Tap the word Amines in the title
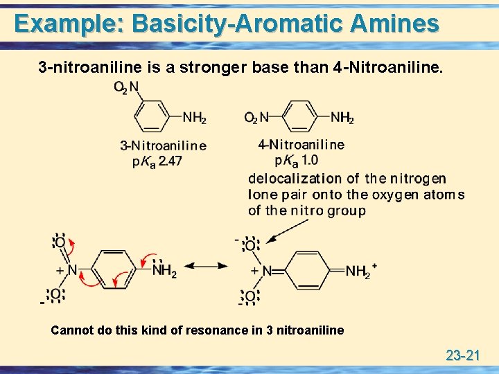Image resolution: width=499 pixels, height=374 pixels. point(395,24)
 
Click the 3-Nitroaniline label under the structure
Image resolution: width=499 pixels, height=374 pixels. point(163,145)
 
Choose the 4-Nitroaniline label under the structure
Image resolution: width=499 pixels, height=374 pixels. point(301,145)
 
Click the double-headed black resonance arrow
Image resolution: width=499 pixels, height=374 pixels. point(208,267)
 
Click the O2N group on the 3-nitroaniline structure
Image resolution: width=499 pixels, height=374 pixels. point(126,88)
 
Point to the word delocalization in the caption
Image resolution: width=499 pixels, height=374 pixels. point(296,179)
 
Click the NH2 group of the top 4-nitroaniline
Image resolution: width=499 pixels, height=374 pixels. point(342,118)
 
